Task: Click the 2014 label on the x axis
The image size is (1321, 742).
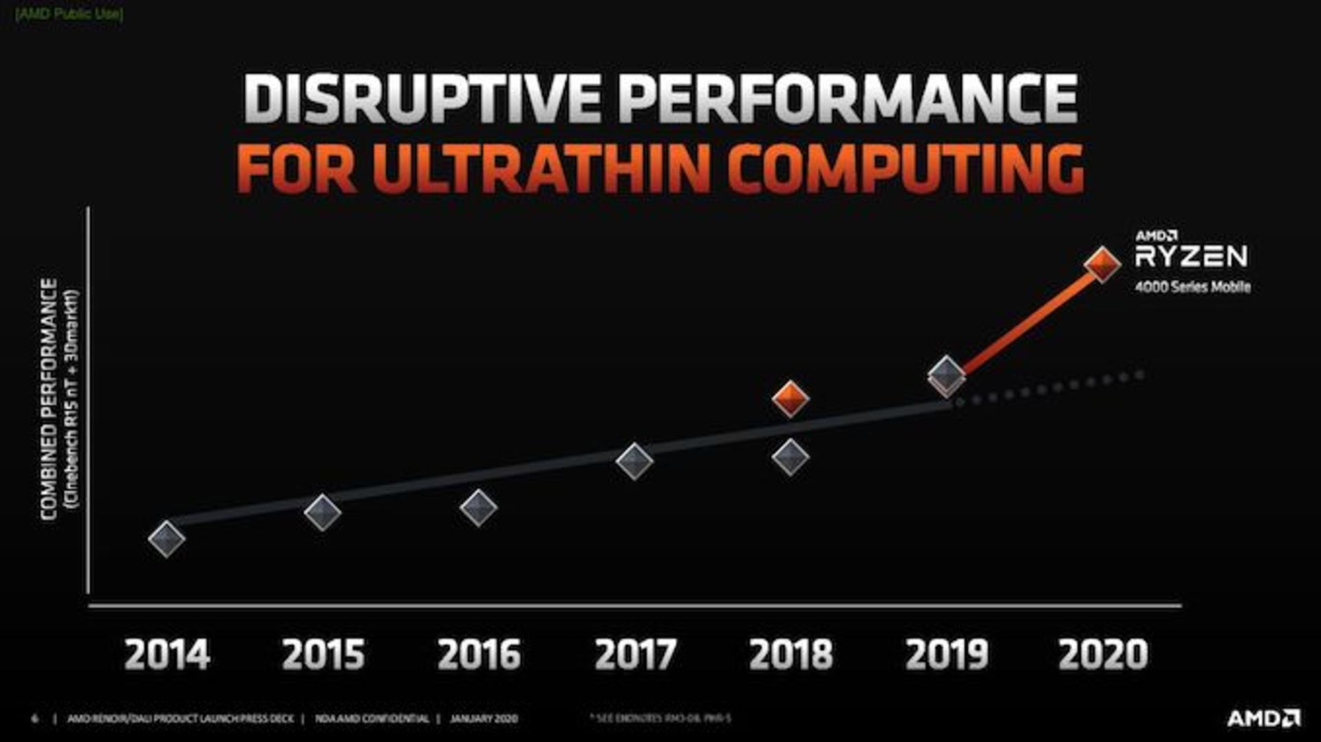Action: pos(167,654)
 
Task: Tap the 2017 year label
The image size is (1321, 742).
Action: pos(635,654)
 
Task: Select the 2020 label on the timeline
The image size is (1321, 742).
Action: pos(1103,654)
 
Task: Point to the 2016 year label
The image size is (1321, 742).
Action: pos(479,654)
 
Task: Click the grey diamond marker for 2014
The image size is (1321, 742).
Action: pos(167,538)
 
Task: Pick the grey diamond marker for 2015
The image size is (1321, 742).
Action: pos(323,512)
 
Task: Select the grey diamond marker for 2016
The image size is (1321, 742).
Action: pos(478,508)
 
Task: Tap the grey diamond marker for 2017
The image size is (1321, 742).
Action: pos(634,461)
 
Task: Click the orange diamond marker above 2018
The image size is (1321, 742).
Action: pos(790,398)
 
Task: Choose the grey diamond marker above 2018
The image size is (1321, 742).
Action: pos(790,457)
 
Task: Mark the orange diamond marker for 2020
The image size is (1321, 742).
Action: pos(1102,264)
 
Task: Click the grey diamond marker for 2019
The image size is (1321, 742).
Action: pos(947,375)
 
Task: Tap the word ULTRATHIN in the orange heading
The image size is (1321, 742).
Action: pos(544,168)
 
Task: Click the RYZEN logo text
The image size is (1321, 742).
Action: pos(1191,257)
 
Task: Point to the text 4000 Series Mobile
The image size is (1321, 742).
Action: pos(1192,287)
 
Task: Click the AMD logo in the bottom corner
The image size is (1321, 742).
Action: pos(1263,719)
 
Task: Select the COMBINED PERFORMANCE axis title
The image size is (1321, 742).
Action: pos(49,399)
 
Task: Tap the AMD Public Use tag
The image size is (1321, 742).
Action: pos(69,14)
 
